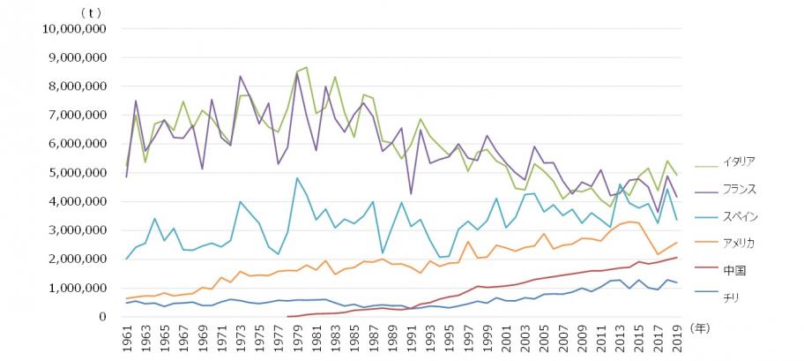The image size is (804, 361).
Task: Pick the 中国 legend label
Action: coord(733,268)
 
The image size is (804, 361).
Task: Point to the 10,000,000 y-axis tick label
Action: coord(74,28)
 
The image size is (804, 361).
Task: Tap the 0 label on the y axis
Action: coord(102,317)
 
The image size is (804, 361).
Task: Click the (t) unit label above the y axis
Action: coord(90,12)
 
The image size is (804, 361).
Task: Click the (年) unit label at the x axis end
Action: coord(701,327)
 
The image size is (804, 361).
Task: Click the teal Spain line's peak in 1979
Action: coord(297,178)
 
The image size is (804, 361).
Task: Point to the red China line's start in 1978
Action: coord(288,316)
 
